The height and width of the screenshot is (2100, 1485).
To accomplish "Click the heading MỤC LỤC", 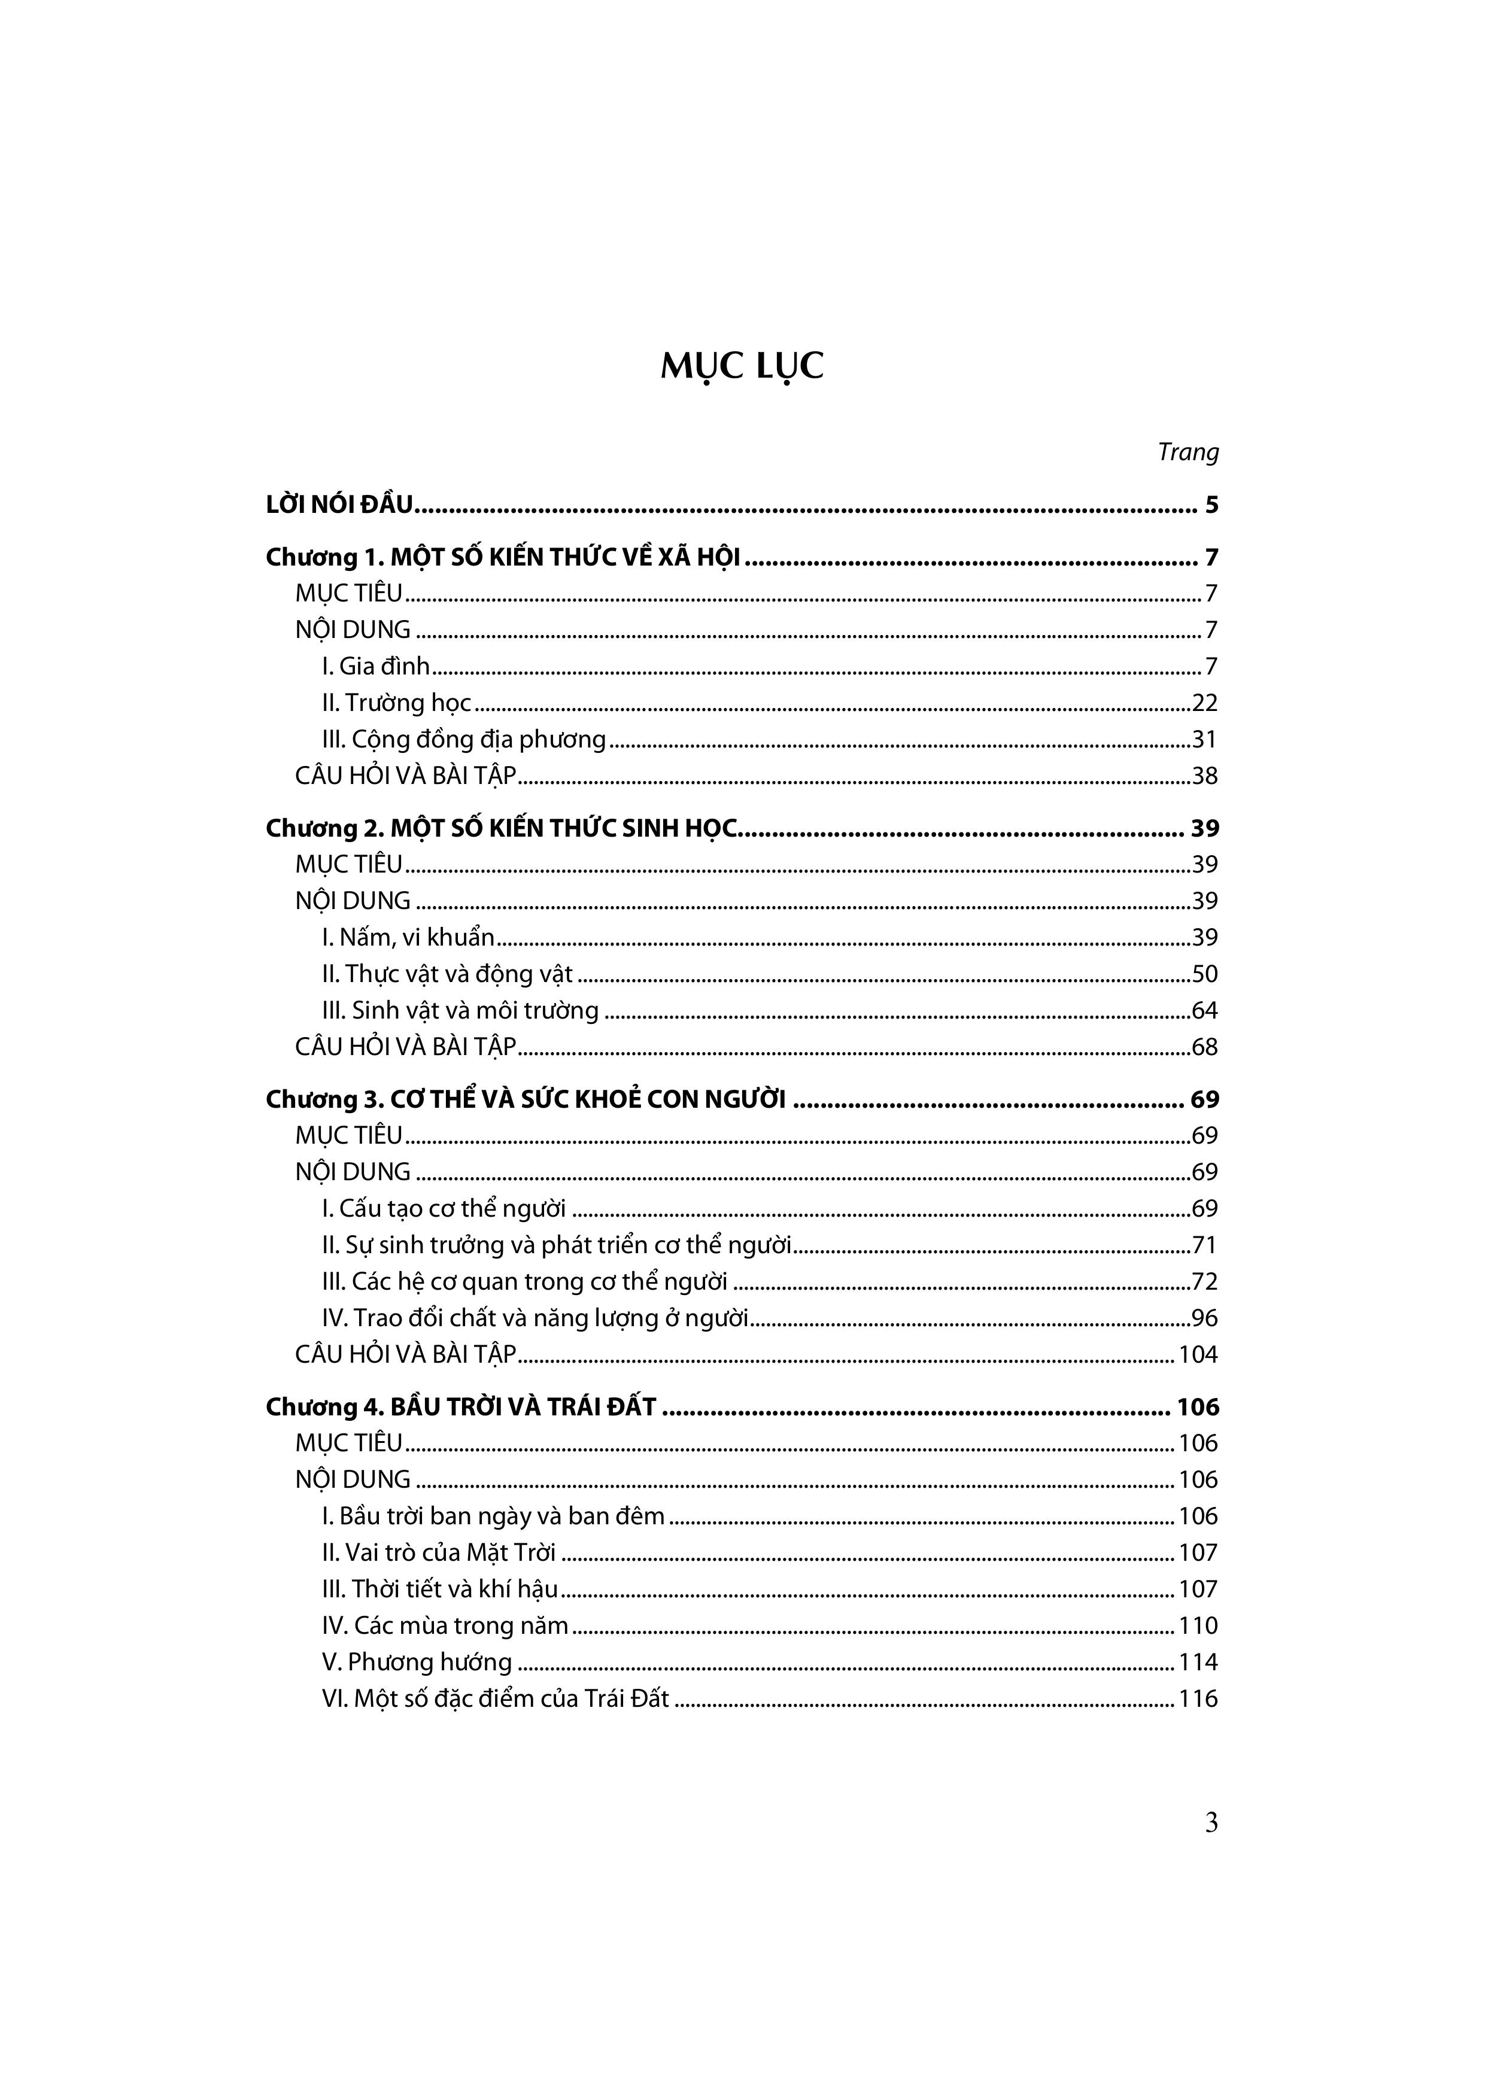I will point(742,366).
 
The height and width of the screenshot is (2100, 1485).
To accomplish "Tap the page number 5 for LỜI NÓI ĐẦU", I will point(1211,505).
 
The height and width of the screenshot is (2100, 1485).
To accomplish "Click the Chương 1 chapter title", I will point(502,557).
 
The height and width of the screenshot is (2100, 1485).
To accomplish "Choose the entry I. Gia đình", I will point(376,667).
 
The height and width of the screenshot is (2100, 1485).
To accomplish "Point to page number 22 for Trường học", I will point(1204,703).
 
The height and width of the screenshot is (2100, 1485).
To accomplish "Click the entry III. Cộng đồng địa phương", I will point(464,740).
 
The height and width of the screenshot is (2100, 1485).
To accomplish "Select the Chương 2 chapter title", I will point(502,829).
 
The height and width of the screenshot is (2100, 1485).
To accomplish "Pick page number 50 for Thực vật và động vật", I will point(1204,974).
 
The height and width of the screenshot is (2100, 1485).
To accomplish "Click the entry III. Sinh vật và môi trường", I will point(460,1011).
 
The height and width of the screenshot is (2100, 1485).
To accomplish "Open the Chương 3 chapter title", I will point(525,1099).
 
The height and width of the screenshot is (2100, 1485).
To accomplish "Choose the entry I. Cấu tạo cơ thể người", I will point(444,1209).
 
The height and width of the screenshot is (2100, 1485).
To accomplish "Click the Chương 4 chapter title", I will point(460,1408).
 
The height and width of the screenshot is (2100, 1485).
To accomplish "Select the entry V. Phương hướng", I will point(417,1663).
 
